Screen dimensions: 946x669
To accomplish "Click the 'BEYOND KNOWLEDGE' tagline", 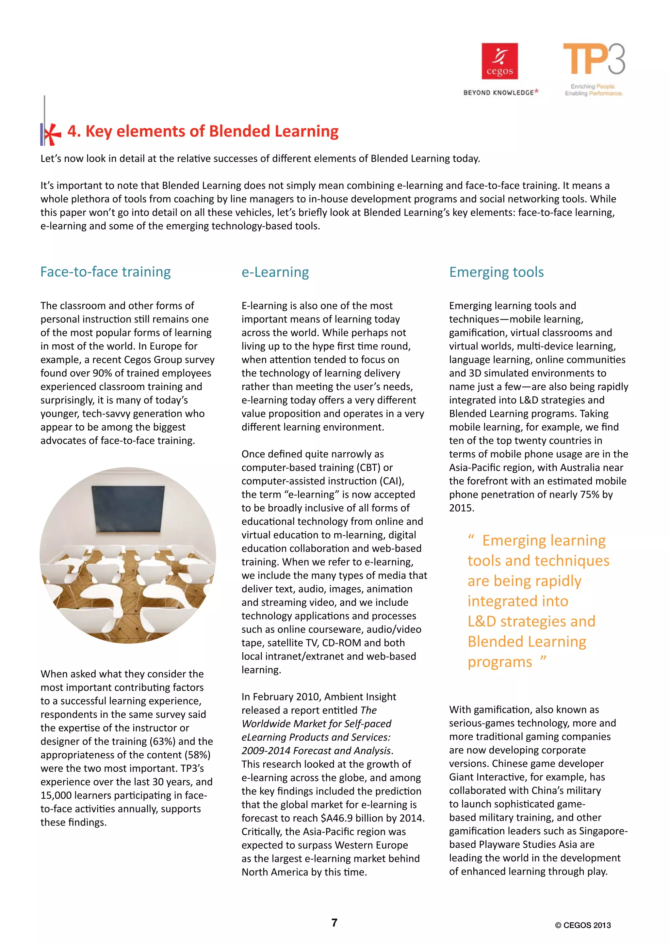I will [498, 93].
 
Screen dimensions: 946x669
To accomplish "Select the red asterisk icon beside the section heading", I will [51, 134].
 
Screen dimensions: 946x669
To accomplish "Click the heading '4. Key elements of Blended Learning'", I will [203, 131].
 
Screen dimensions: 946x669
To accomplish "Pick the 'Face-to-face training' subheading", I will [106, 272].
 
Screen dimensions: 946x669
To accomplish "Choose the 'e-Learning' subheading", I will [275, 272].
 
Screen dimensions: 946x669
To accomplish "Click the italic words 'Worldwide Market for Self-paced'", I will [317, 724].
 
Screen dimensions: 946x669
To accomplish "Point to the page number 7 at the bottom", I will [334, 922].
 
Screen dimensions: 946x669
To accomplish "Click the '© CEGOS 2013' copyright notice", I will [582, 925].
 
